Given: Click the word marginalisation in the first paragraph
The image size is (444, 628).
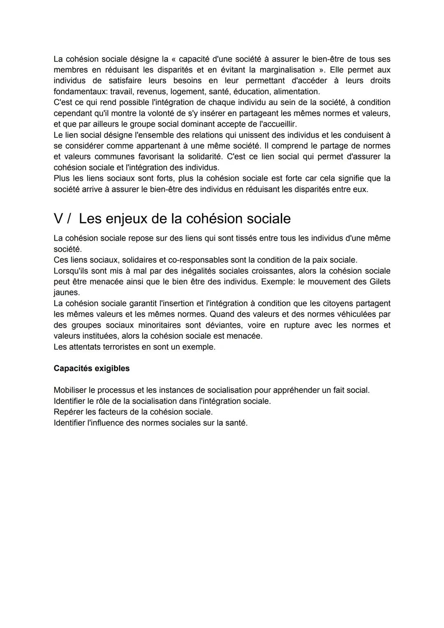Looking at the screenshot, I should (287, 70).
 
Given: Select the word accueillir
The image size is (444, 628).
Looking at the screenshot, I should (279, 124).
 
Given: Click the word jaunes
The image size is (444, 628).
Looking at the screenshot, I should (66, 292).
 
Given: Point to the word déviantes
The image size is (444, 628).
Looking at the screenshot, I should (222, 325).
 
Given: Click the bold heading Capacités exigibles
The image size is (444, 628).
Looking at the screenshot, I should (91, 368).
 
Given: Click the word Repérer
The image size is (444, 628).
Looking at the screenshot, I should (68, 412).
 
